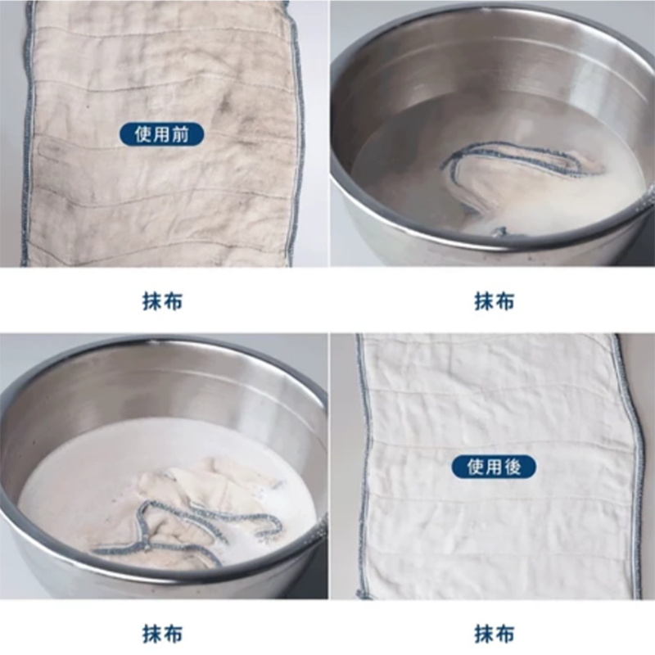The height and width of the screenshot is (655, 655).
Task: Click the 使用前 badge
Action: click(x=161, y=134)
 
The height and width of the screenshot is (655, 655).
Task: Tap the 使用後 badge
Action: click(x=494, y=467)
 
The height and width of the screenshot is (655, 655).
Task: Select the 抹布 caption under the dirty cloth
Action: click(x=161, y=301)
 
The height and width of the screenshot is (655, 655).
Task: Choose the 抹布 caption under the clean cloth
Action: click(x=494, y=633)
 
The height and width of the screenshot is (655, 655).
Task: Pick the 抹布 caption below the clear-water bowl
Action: click(x=494, y=301)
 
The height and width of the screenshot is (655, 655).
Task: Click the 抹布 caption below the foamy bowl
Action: click(x=161, y=633)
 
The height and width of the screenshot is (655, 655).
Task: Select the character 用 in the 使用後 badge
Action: click(x=494, y=467)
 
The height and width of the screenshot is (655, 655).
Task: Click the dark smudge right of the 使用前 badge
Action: click(x=229, y=115)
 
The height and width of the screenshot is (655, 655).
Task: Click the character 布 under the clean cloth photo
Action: click(x=506, y=633)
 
